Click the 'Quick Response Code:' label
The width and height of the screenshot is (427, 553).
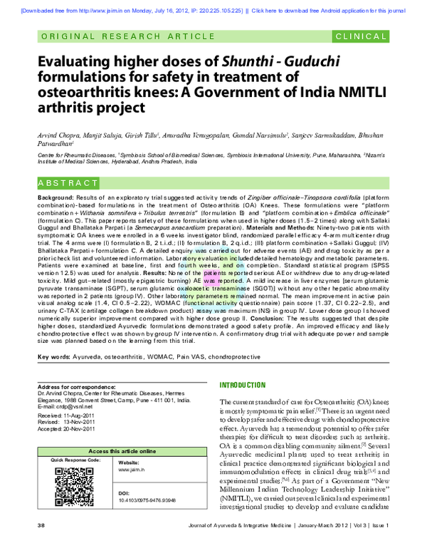[76, 460]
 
